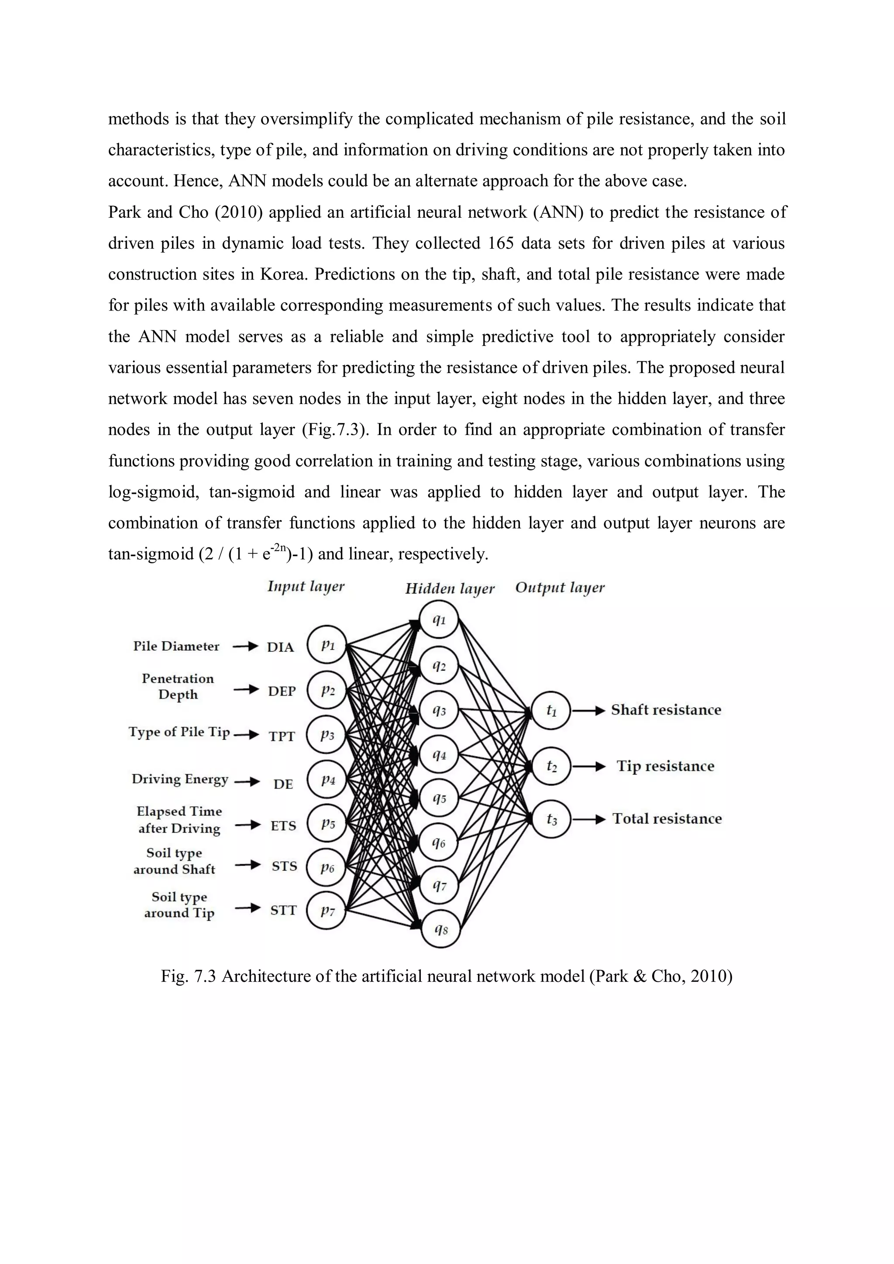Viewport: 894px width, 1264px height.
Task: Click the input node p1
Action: pos(327,645)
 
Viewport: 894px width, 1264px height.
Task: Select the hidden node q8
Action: pos(440,930)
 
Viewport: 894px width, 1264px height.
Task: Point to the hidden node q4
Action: pos(439,755)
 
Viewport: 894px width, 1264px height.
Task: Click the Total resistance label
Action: pos(667,819)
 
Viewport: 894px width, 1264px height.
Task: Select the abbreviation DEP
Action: pos(282,692)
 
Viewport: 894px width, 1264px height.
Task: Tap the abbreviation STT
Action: pos(283,911)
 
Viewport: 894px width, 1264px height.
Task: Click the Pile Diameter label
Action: pos(176,646)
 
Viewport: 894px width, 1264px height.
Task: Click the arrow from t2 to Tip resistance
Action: pos(589,766)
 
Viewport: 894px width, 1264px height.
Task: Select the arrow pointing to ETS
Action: pos(248,825)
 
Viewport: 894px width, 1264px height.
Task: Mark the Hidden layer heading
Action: pos(450,589)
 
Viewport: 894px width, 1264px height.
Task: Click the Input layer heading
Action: pos(306,587)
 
